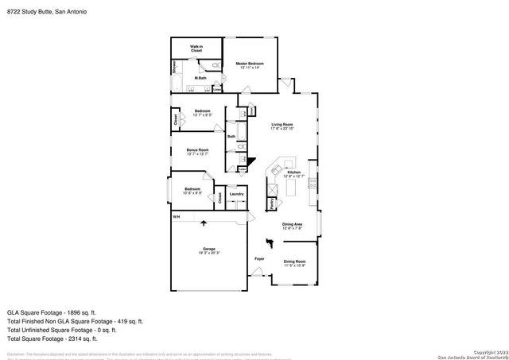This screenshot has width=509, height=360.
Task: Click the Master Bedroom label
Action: [251, 64]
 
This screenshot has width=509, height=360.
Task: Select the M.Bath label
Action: [201, 78]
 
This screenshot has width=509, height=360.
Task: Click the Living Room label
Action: [282, 125]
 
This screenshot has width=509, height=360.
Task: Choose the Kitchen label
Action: [293, 172]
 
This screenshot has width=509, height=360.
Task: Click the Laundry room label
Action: [236, 194]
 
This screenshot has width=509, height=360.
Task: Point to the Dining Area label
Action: [292, 224]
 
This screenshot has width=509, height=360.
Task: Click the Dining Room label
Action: [294, 261]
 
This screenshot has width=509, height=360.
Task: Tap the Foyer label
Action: [259, 259]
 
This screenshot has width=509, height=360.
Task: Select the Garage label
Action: [208, 250]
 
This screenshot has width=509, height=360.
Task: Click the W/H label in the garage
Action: [177, 216]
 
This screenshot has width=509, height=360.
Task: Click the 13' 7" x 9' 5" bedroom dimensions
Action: [203, 115]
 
